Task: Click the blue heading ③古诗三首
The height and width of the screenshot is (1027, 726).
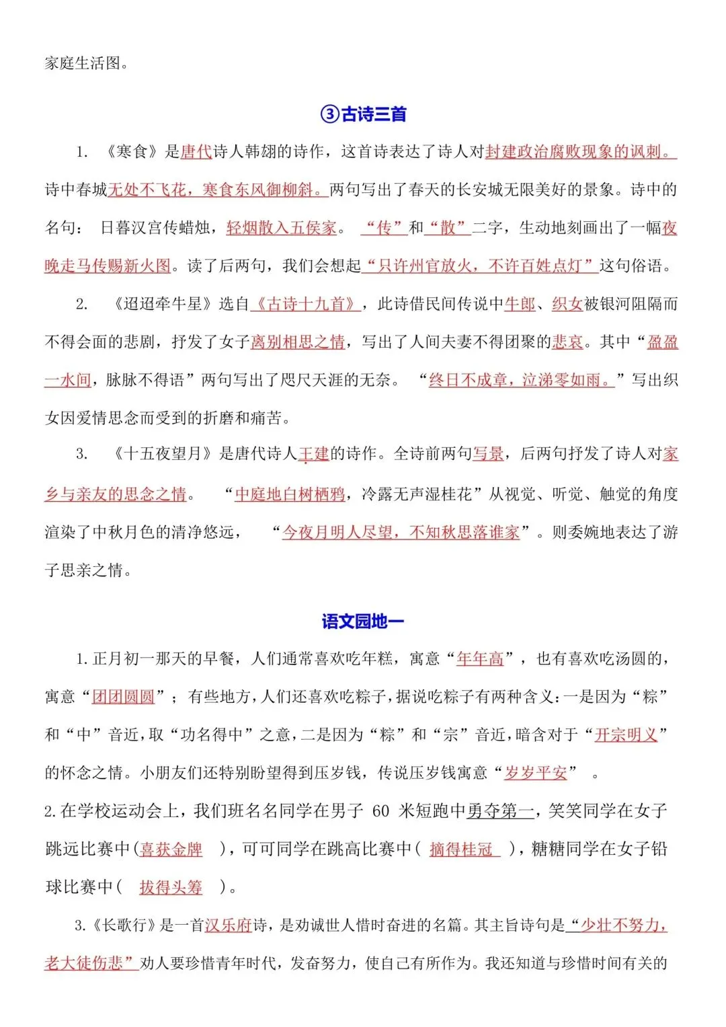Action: (363, 114)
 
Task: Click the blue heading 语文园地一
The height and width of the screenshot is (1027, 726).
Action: (363, 621)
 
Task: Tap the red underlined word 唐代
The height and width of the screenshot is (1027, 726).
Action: (196, 152)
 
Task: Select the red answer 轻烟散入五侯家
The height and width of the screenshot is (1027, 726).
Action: (282, 228)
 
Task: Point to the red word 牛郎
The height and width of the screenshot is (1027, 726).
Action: (520, 304)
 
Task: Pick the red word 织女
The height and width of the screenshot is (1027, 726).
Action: (567, 304)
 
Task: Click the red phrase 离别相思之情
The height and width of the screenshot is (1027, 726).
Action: (298, 342)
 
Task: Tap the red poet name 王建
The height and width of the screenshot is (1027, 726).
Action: (313, 454)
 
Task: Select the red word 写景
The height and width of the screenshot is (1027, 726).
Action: (489, 454)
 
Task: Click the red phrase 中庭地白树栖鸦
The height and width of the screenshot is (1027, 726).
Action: (290, 494)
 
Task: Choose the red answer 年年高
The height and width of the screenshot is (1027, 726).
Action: (480, 658)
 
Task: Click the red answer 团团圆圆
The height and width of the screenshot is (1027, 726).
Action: (124, 696)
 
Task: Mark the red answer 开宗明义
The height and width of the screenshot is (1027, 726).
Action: (626, 734)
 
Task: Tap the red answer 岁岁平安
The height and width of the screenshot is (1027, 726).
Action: (536, 773)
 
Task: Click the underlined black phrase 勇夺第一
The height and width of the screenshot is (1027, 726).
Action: (501, 811)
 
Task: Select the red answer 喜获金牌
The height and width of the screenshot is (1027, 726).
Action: (171, 849)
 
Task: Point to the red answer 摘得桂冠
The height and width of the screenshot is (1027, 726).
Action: (462, 849)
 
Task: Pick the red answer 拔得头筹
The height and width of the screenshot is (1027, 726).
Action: (171, 888)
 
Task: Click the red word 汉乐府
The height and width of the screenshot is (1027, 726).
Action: (228, 925)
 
